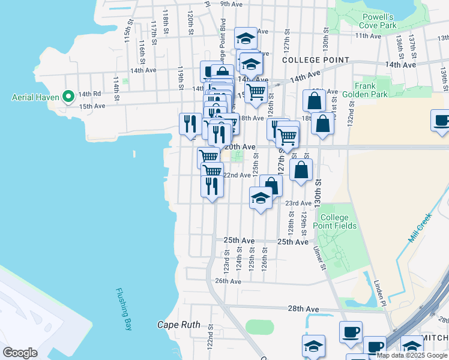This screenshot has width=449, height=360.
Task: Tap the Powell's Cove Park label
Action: click(377, 22)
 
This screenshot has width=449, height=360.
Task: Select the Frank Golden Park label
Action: click(373, 90)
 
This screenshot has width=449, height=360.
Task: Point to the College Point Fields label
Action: click(339, 221)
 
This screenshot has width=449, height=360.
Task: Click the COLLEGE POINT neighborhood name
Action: click(315, 60)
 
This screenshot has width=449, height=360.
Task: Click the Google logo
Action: click(20, 353)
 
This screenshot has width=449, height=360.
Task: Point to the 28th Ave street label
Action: click(303, 308)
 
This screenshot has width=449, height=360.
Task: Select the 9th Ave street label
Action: click(231, 4)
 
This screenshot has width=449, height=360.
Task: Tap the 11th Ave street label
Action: click(368, 36)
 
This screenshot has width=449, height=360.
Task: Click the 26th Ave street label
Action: click(228, 281)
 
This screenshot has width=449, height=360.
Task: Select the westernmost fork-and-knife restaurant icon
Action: click(190, 124)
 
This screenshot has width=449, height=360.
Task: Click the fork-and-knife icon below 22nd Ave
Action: click(212, 187)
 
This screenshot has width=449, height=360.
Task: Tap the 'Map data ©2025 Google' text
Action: click(412, 355)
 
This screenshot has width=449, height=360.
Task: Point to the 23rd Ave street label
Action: click(298, 203)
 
